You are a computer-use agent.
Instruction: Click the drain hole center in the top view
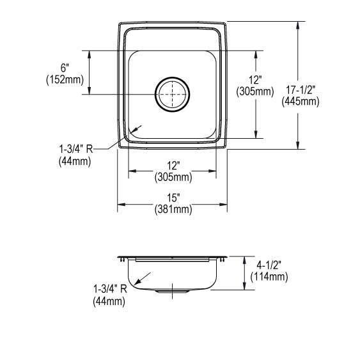coord(171,95)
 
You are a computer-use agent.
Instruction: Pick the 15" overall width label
coord(173,198)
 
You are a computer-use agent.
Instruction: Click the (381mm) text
coord(173,209)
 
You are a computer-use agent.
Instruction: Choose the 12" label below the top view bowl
coord(172,165)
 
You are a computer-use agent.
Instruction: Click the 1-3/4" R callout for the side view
coord(110,289)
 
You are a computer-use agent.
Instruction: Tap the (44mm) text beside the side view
coord(109,301)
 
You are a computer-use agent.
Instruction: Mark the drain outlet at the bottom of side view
coord(171,292)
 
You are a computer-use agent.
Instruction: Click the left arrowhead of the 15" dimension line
coord(120,205)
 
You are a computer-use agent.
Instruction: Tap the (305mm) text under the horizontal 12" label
coord(173,176)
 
